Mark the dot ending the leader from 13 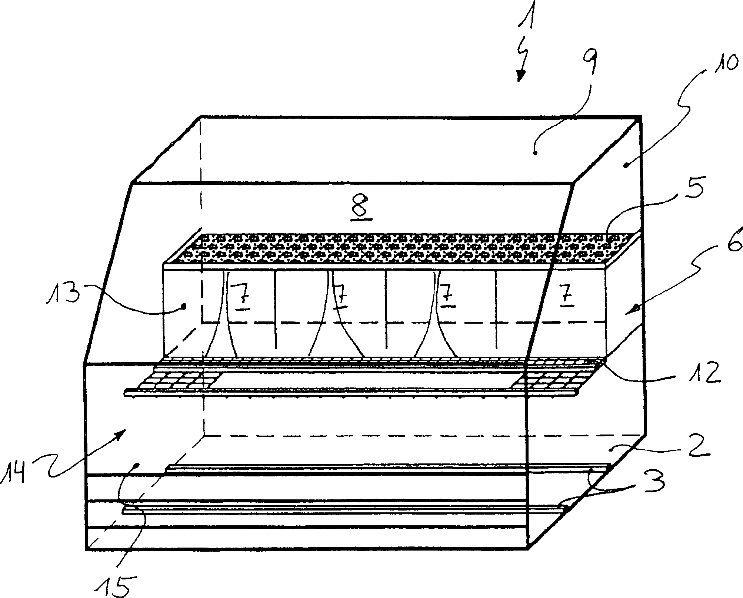[183, 306]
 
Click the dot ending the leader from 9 [534, 152]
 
